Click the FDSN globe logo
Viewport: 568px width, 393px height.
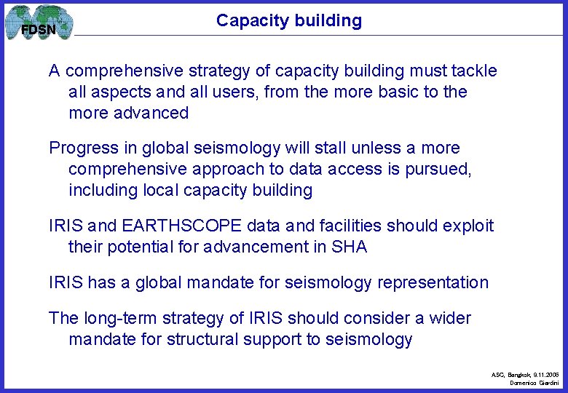pos(39,23)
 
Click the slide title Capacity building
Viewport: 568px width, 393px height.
pos(288,20)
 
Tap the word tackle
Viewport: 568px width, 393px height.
pos(474,71)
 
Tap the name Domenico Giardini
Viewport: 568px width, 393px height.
pos(535,383)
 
